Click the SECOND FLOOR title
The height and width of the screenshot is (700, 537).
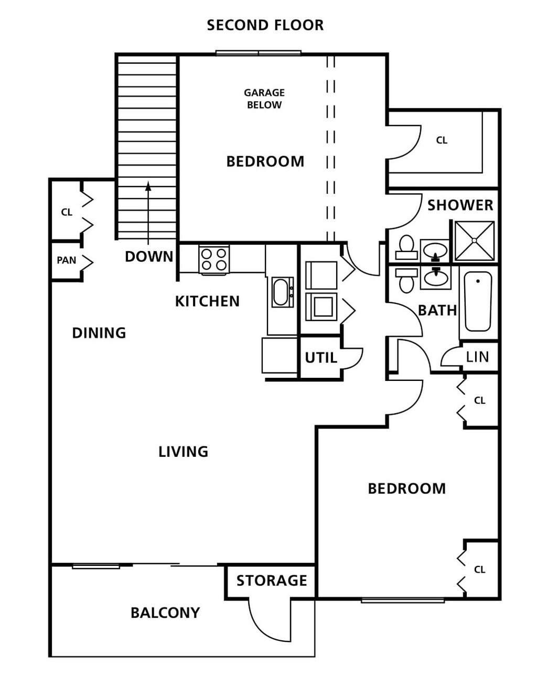[x=265, y=26]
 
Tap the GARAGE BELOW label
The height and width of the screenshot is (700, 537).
[x=264, y=99]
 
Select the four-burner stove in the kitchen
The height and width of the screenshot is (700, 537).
[x=214, y=260]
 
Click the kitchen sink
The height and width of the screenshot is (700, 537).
[x=282, y=292]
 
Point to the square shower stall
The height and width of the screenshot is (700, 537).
[x=474, y=240]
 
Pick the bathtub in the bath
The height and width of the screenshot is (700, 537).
[x=478, y=301]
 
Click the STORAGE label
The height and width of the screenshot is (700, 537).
[x=272, y=581]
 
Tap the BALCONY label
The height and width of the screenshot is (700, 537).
[x=165, y=612]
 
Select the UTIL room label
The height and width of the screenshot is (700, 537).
[x=321, y=357]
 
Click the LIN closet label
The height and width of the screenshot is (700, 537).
[x=477, y=357]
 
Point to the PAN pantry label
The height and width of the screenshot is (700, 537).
[x=67, y=260]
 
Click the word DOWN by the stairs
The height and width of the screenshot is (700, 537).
[x=149, y=256]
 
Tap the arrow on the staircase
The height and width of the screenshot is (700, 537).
[x=148, y=213]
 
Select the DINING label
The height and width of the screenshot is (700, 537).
[x=99, y=333]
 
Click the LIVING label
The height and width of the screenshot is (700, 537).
[x=183, y=452]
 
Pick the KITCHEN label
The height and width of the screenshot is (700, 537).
[x=207, y=301]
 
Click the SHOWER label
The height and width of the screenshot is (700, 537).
[x=460, y=205]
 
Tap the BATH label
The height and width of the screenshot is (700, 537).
[x=437, y=310]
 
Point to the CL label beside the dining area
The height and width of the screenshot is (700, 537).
[x=67, y=212]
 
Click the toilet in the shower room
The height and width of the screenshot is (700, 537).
[x=406, y=247]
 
